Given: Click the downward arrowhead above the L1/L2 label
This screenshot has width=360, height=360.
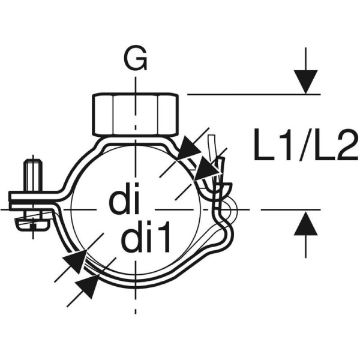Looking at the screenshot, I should [305, 81].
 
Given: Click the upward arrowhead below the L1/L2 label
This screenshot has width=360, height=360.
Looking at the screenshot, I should [305, 224].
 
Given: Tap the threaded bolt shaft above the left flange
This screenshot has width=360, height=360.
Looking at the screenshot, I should [33, 175].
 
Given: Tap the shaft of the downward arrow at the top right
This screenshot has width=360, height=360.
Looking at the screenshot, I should [305, 60].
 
